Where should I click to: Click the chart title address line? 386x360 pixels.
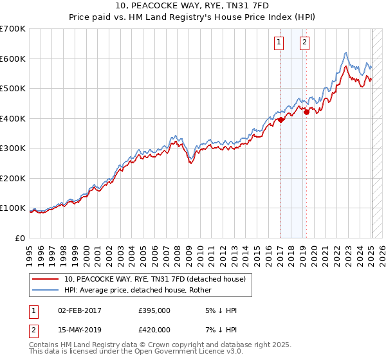coord(192,6)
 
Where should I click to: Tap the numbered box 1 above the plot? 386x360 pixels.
coord(279,43)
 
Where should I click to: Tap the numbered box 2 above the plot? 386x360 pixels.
coord(304,43)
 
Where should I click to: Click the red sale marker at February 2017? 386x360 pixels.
coord(280,120)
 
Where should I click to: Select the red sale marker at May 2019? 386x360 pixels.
coord(306,112)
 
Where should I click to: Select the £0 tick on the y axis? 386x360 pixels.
coord(21,238)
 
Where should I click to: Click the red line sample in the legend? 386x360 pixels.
coord(46,279)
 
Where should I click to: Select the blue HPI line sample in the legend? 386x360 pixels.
coord(46,290)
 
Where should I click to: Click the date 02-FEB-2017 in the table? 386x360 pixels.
coord(79,310)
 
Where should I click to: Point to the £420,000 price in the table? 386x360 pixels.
coord(154,330)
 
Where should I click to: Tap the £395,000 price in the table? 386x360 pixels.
coord(154,310)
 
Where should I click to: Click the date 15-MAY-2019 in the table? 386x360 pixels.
coord(79,330)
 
